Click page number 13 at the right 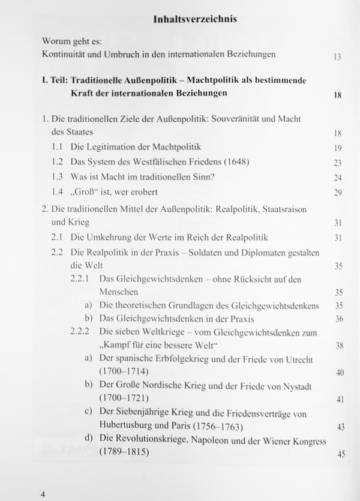tap(337, 58)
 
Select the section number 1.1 tap(58, 146)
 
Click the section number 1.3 tap(58, 177)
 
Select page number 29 tap(337, 193)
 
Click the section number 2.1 tap(58, 237)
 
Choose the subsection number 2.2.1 tap(80, 279)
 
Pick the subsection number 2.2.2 tap(80, 332)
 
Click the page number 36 tap(338, 319)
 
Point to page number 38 tap(338, 346)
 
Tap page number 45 tap(341, 454)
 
